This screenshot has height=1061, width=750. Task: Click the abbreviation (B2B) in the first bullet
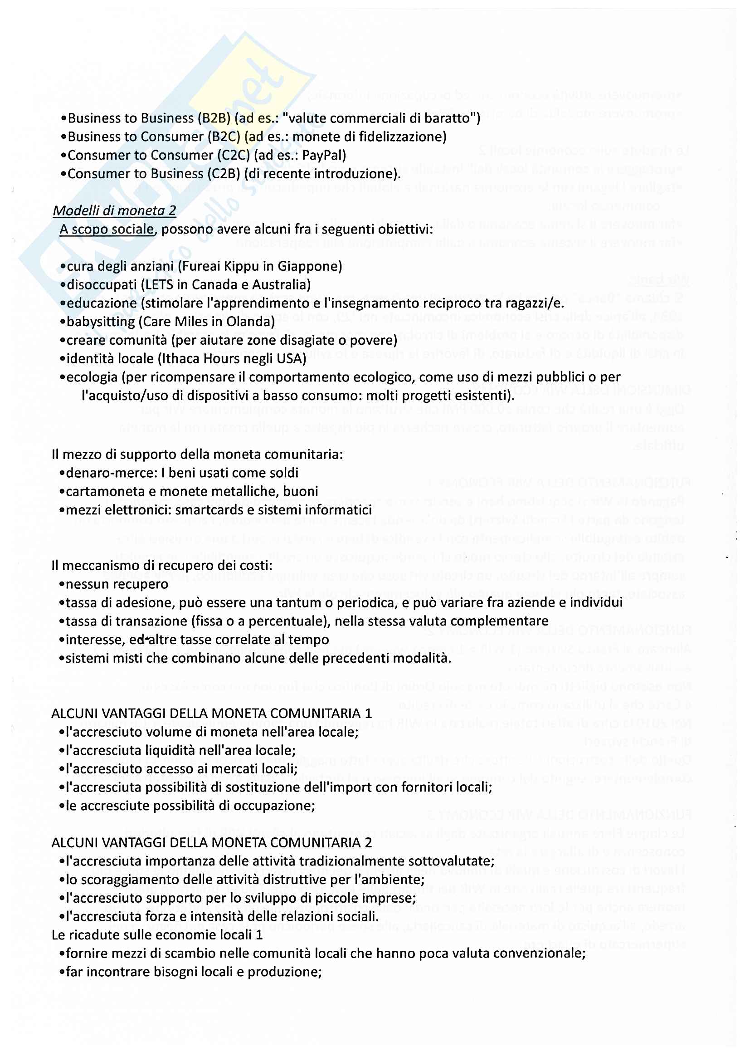pyautogui.click(x=214, y=118)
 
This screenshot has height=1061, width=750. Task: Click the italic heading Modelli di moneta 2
pyautogui.click(x=115, y=211)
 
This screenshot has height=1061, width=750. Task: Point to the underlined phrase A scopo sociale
pyautogui.click(x=107, y=229)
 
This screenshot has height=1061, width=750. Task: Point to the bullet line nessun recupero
pyautogui.click(x=117, y=584)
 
